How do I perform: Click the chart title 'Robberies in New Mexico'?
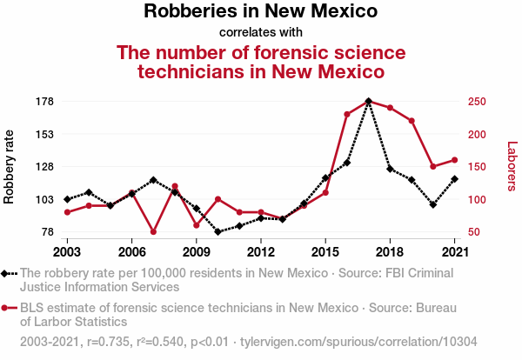tap(260, 12)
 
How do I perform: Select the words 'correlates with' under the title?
tap(260, 33)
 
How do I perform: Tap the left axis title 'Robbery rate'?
tap(10, 166)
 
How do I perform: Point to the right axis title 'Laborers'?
tap(512, 166)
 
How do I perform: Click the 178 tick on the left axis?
tap(44, 102)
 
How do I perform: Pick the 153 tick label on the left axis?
tap(44, 134)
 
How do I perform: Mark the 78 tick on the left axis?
tap(47, 232)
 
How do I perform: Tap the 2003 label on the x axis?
tap(67, 251)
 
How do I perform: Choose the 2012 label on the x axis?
tap(260, 251)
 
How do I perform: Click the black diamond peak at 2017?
tap(368, 102)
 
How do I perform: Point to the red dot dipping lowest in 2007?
tap(153, 232)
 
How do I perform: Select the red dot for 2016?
tap(346, 114)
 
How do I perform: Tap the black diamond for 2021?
tap(454, 179)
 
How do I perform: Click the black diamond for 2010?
tap(217, 232)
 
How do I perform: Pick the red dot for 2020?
tap(432, 166)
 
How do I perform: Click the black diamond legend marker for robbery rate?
tap(7, 273)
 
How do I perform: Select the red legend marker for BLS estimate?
tap(7, 308)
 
